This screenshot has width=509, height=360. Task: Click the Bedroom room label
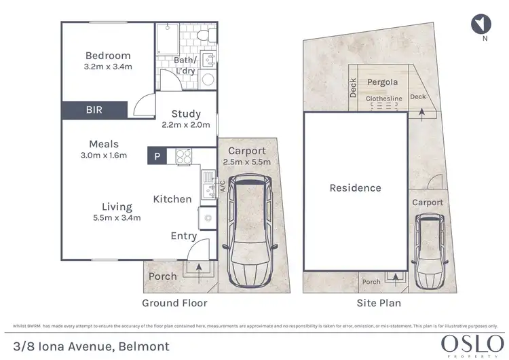[108, 56]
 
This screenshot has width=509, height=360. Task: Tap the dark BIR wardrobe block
[94, 109]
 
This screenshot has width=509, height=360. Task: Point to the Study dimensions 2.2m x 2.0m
[185, 125]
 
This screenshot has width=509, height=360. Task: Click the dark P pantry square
[157, 156]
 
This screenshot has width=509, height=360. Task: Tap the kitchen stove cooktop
[183, 156]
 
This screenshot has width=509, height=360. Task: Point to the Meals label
[104, 144]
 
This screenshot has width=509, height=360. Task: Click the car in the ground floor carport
[250, 231]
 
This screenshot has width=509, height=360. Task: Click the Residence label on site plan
[355, 188]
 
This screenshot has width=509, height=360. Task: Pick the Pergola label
[382, 82]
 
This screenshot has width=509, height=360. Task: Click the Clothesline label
[384, 98]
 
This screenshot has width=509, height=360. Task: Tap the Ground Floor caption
[174, 303]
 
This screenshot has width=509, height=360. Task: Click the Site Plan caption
[379, 303]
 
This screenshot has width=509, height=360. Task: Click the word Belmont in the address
[141, 346]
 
